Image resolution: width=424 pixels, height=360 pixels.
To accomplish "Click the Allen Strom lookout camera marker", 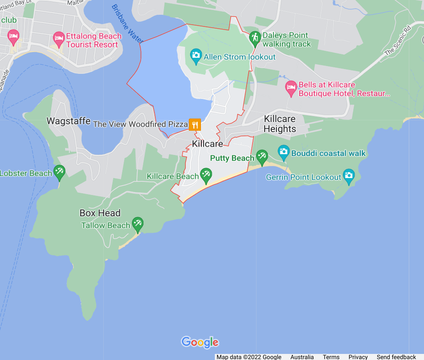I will (196, 55).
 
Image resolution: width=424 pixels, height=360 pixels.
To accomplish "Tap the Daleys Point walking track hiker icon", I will (255, 38).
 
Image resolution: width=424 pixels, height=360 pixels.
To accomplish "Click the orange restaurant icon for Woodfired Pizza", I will (195, 125).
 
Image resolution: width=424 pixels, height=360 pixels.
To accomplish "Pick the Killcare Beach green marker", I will (206, 175).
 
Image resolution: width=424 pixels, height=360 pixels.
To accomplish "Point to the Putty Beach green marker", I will (262, 156).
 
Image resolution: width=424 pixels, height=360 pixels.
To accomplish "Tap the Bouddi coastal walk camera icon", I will (284, 152).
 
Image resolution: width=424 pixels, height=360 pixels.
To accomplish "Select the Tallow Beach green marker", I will (138, 224).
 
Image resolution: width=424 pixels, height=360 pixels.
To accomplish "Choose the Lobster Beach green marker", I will (59, 172).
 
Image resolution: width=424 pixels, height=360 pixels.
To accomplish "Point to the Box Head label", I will (100, 213).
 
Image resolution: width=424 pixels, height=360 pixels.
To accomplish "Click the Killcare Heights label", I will (280, 124).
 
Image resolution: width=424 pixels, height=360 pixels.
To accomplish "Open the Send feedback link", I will (396, 357).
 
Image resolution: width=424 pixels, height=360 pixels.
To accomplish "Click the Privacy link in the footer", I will (358, 357).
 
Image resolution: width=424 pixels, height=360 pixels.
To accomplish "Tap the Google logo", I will (200, 342).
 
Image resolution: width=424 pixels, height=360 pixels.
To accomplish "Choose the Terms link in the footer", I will (331, 357).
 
